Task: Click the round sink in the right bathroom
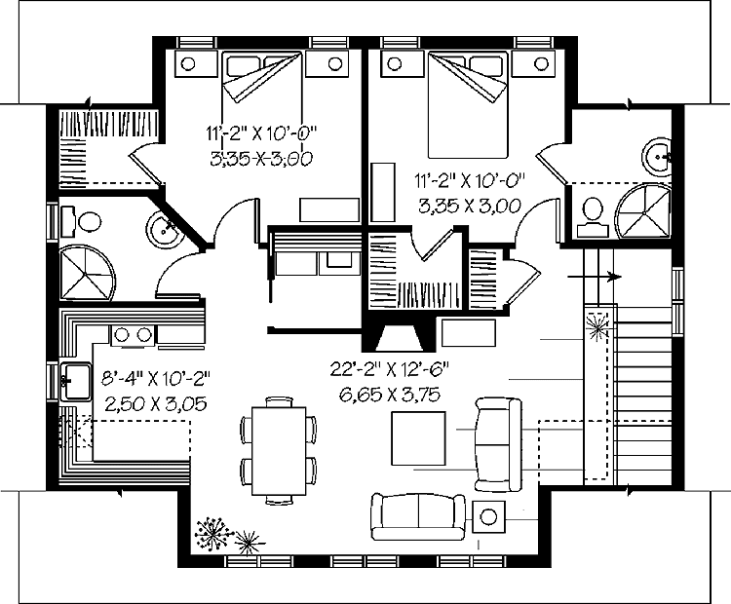[658, 156]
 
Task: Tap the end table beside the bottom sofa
[488, 516]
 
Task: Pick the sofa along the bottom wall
[417, 514]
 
